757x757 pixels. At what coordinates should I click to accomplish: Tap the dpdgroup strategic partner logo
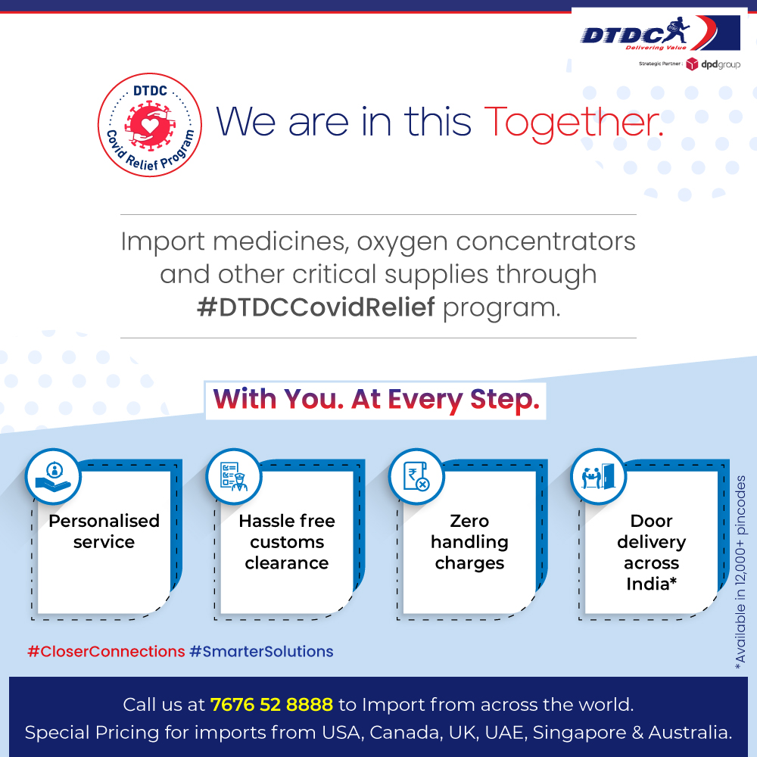713,64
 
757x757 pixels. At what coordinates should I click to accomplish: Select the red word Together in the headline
573,122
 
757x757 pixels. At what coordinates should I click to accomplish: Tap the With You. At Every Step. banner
375,400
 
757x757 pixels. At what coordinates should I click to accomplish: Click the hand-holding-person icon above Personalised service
52,476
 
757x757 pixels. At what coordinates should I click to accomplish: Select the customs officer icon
234,476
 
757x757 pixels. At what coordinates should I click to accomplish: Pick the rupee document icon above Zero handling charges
416,476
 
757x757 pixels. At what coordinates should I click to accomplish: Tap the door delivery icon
598,476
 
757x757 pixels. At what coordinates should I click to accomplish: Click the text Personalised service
104,531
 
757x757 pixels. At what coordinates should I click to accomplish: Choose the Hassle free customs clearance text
287,542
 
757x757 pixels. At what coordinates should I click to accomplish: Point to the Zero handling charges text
469,542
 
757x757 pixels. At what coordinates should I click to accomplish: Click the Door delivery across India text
651,553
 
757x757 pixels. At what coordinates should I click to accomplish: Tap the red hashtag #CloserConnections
106,651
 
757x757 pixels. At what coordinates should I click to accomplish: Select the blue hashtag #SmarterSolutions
261,651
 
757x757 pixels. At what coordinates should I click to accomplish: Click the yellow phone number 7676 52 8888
272,705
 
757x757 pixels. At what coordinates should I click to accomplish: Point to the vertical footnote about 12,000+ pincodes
740,572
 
